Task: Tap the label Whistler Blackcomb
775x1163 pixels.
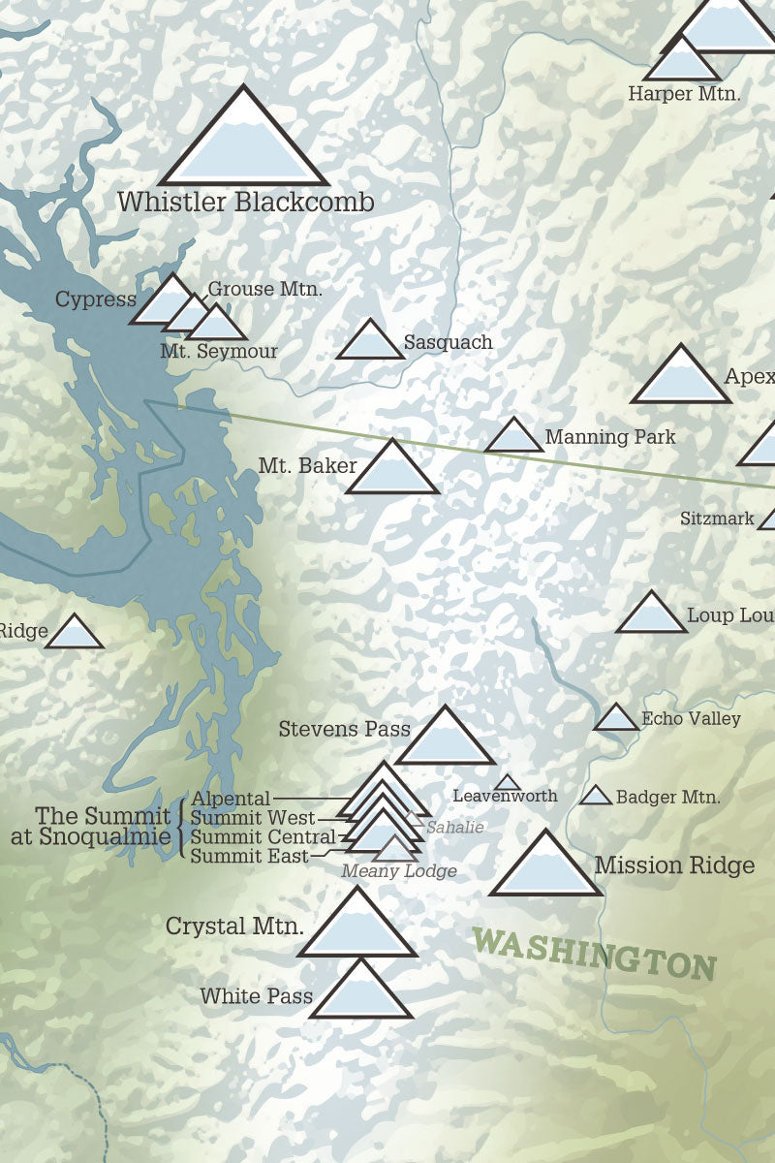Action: [246, 203]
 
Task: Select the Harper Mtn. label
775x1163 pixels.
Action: [684, 94]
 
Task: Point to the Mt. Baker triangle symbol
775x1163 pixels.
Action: [392, 471]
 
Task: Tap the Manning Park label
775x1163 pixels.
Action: [610, 437]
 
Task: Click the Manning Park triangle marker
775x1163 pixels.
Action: [513, 438]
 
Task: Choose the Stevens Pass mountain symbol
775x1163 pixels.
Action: [446, 739]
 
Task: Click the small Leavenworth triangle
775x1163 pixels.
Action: [507, 783]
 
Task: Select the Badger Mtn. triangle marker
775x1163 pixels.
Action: [596, 797]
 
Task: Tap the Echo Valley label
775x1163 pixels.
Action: [691, 718]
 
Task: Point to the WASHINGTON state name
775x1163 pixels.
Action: [595, 953]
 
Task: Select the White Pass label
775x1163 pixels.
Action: [256, 995]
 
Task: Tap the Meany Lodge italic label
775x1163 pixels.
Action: [398, 871]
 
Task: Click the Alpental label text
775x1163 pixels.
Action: [231, 799]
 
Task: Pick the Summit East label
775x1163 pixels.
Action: [249, 856]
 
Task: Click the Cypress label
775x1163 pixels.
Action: [95, 299]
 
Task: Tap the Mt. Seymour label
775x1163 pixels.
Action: [219, 352]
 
